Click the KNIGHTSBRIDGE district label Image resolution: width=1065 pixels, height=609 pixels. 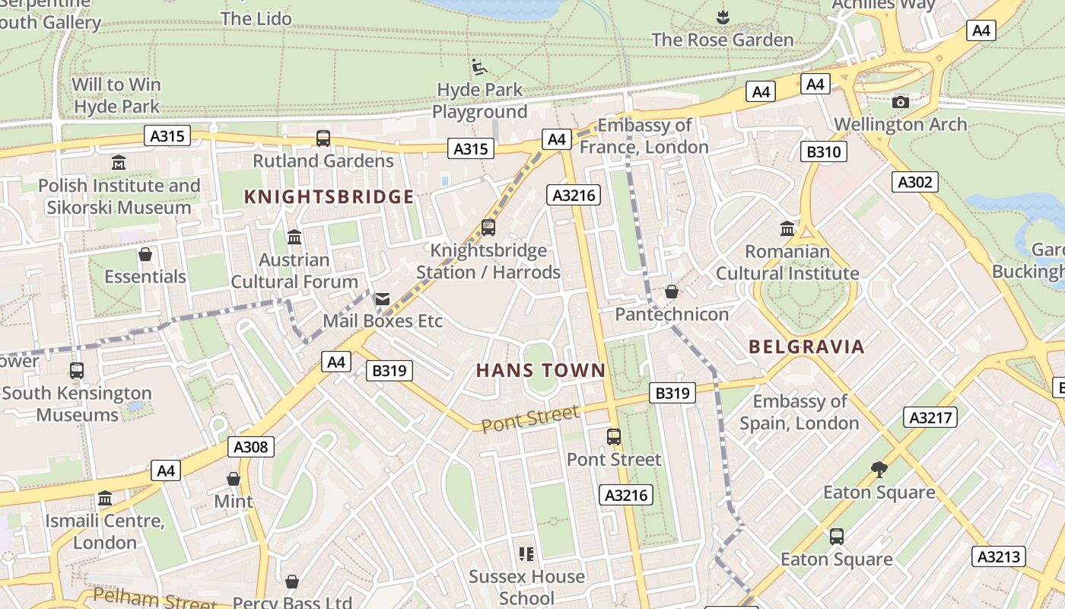pyautogui.click(x=329, y=197)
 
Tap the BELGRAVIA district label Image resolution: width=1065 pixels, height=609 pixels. pyautogui.click(x=807, y=347)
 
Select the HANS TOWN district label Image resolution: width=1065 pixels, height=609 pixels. pyautogui.click(x=541, y=371)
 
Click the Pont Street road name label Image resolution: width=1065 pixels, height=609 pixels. pyautogui.click(x=531, y=419)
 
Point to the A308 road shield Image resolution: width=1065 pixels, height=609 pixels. pyautogui.click(x=251, y=447)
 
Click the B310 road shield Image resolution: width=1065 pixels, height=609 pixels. pyautogui.click(x=823, y=151)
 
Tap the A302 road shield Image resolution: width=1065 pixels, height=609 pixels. pyautogui.click(x=914, y=182)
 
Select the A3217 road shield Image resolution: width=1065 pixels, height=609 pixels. pyautogui.click(x=930, y=417)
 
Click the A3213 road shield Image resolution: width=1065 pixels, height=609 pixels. pyautogui.click(x=999, y=556)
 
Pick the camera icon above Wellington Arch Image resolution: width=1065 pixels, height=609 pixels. pyautogui.click(x=901, y=102)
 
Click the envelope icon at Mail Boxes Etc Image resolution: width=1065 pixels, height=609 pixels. pyautogui.click(x=383, y=299)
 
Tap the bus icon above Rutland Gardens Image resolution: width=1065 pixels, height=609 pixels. pyautogui.click(x=323, y=139)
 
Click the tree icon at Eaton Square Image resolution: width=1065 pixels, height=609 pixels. pyautogui.click(x=879, y=470)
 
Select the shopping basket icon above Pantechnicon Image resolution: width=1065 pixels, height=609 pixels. pyautogui.click(x=672, y=292)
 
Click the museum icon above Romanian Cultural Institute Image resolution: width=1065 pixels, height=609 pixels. pyautogui.click(x=787, y=228)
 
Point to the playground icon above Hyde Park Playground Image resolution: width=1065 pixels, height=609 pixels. pyautogui.click(x=478, y=68)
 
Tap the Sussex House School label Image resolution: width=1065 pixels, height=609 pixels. pyautogui.click(x=526, y=587)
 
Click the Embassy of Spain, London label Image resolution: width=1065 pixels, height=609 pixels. pyautogui.click(x=800, y=412)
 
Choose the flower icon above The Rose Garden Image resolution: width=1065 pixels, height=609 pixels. pyautogui.click(x=723, y=17)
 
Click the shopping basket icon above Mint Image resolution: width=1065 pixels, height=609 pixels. pyautogui.click(x=234, y=479)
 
